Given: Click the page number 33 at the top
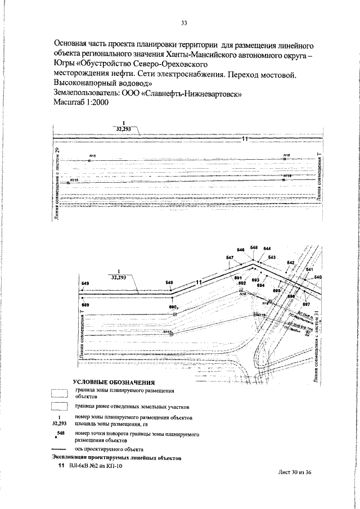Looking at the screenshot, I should (183, 23).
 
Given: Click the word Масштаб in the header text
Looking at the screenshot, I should (70, 103).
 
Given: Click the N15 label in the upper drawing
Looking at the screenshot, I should (93, 155).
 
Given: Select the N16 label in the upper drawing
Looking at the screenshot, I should (286, 155).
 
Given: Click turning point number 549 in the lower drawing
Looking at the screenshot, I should (85, 283).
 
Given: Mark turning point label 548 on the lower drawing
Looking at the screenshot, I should (169, 283).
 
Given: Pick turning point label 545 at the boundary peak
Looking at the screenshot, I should (254, 247).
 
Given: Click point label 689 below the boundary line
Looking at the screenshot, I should (85, 304).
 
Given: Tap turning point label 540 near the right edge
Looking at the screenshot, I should (318, 277).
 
